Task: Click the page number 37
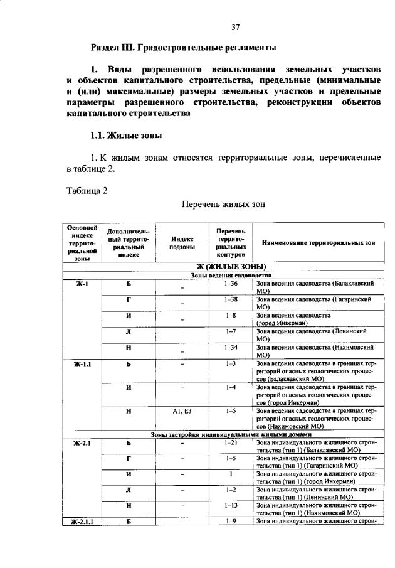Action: coord(235,26)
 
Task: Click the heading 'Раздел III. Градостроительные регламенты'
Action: coord(183,47)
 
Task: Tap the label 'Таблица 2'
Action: coord(87,191)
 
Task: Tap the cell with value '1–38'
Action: coord(230,299)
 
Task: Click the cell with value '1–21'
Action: coord(230,442)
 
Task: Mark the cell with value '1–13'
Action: coord(230,505)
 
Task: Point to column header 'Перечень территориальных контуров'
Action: coord(230,242)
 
